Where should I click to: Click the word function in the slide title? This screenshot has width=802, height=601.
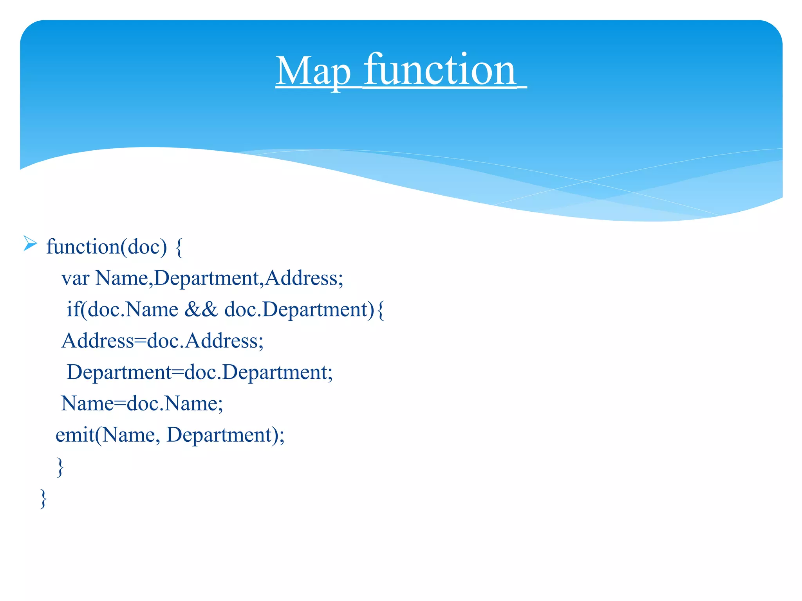(440, 70)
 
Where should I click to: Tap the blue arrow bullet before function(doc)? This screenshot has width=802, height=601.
(30, 243)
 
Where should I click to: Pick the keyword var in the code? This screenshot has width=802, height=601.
(75, 279)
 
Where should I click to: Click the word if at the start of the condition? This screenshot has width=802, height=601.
(73, 310)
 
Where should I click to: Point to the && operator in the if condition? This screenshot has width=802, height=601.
(201, 310)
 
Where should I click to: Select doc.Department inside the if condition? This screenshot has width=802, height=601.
(300, 310)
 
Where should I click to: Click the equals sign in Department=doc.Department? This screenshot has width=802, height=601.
(178, 372)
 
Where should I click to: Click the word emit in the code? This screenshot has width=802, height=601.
(74, 435)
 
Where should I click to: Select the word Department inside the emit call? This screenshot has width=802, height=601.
(219, 435)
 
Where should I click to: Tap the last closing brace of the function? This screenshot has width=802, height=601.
(43, 498)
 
